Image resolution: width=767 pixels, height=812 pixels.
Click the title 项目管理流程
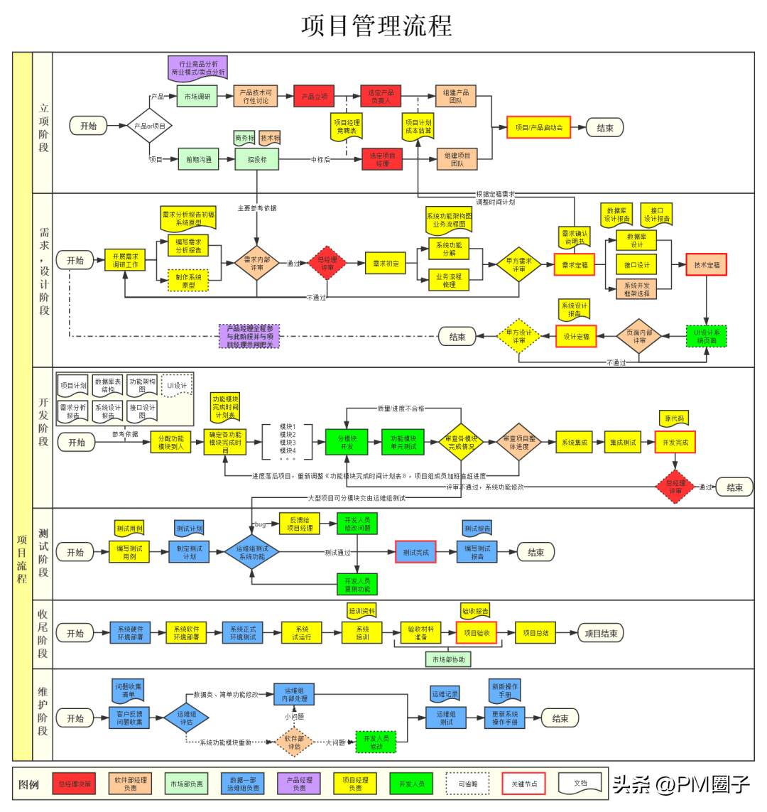tap(376, 26)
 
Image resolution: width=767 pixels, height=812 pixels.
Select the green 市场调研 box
tap(197, 97)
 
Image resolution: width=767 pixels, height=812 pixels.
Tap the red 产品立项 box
tap(314, 97)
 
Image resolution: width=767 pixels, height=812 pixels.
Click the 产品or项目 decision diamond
tap(150, 126)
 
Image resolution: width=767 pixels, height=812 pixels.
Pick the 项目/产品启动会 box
tap(538, 128)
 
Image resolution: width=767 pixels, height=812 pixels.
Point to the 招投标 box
tap(257, 160)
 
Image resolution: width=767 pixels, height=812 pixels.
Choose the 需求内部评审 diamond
tap(257, 264)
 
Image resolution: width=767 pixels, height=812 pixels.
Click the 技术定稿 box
tap(706, 264)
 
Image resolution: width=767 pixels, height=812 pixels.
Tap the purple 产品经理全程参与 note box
tap(249, 336)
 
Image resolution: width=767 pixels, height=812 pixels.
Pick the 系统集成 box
tap(575, 442)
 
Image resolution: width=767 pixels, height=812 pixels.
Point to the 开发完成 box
tap(675, 442)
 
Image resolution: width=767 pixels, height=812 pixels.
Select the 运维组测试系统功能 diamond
tap(251, 552)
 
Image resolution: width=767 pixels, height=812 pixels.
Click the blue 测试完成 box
tap(415, 552)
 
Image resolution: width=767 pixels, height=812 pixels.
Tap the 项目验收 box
tap(476, 632)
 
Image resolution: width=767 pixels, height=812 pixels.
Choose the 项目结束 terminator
tap(600, 633)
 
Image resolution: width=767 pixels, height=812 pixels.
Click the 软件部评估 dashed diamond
tap(294, 742)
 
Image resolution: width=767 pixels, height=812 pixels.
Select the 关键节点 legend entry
tap(523, 784)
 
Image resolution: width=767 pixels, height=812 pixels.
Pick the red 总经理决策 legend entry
tap(75, 784)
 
